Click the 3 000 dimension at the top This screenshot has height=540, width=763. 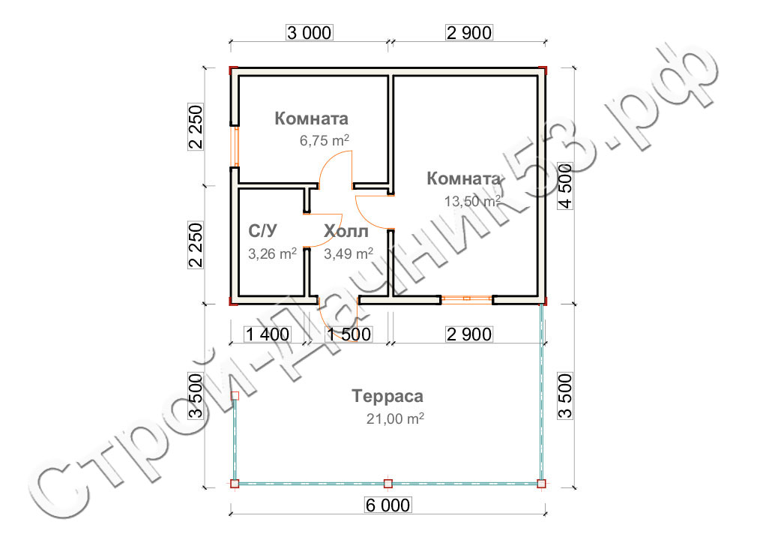tap(310, 32)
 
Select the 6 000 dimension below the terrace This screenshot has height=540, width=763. tap(387, 505)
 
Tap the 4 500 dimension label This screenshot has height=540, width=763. tap(565, 185)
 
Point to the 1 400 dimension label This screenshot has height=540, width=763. tap(268, 334)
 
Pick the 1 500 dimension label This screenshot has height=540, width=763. tap(349, 334)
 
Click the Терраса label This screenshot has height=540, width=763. tap(387, 396)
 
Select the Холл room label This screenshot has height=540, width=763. tap(346, 231)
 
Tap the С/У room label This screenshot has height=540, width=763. tap(263, 231)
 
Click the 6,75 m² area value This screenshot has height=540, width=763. tap(324, 141)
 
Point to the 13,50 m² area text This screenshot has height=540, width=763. tap(472, 201)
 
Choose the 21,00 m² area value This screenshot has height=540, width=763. tap(395, 418)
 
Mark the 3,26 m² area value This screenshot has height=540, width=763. tap(273, 253)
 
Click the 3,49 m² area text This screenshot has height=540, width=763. tap(349, 253)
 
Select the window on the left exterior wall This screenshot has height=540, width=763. tap(235, 146)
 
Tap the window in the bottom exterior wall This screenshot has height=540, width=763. tap(467, 298)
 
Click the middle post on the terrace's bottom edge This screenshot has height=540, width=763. tap(387, 484)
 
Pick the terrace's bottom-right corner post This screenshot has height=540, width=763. tap(541, 484)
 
